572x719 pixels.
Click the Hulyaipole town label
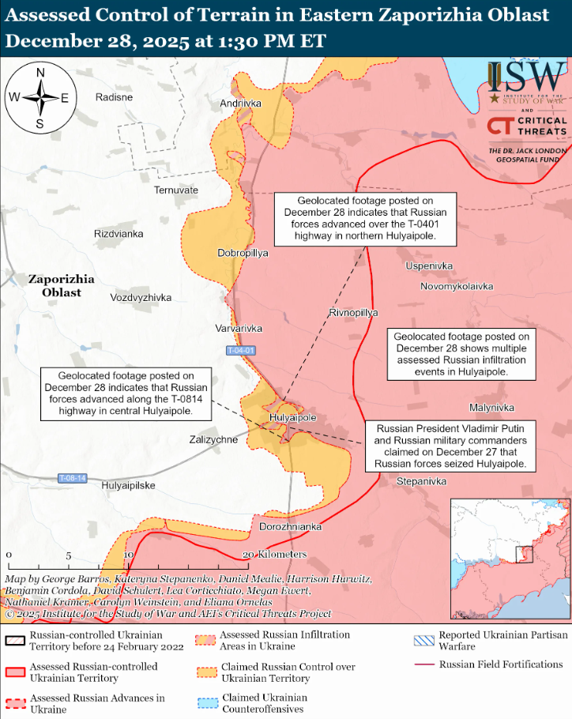(292, 417)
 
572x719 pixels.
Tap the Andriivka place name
(241, 104)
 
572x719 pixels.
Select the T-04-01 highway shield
(240, 350)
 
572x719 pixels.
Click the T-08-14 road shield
(73, 478)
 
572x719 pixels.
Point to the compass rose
(40, 98)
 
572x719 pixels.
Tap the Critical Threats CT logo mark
(500, 126)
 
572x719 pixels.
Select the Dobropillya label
(243, 253)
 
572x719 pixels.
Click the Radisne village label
(114, 96)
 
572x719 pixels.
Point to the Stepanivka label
(421, 481)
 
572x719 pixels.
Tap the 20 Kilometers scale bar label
(275, 554)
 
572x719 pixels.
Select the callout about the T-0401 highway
(366, 219)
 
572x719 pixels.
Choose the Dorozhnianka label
(291, 526)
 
